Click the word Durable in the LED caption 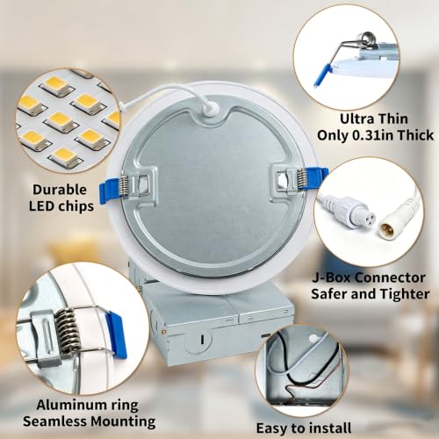click(60, 190)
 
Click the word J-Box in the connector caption click(331, 277)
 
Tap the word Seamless click(54, 421)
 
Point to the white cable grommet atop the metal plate click(210, 109)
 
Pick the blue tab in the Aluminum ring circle click(117, 335)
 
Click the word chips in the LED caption click(76, 206)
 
